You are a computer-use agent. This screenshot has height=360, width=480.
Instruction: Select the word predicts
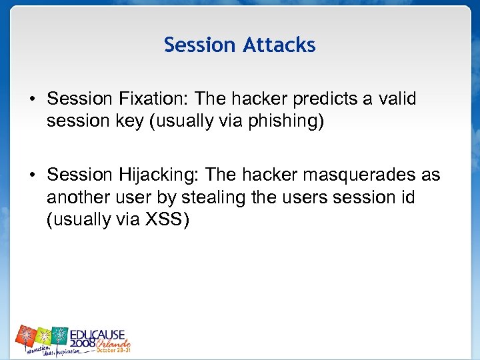click(x=319, y=99)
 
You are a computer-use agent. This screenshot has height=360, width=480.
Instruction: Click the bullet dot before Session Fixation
click(x=32, y=100)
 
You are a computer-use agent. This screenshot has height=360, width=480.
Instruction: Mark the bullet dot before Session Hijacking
click(x=32, y=175)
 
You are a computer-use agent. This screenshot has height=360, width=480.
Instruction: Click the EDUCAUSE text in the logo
click(x=98, y=333)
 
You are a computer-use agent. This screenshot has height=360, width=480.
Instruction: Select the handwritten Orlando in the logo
click(x=115, y=342)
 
